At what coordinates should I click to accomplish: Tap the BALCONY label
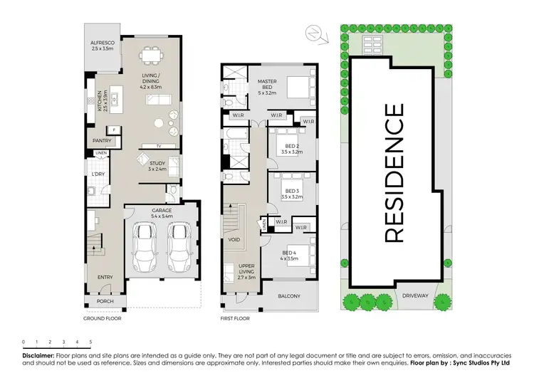point(288,296)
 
